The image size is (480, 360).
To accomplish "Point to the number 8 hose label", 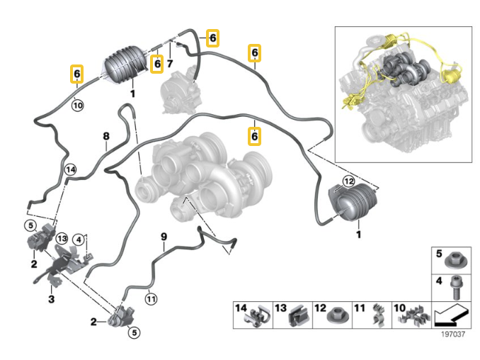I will coord(106,135).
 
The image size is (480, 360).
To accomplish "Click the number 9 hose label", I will coord(163,236).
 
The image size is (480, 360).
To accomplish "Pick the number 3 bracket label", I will coord(50,299).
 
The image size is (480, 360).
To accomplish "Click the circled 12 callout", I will coord(348,181).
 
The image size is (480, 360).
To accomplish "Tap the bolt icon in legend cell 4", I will coord(455,287).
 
